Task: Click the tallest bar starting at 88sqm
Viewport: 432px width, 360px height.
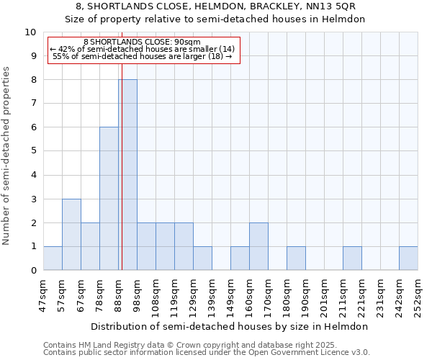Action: (x=127, y=175)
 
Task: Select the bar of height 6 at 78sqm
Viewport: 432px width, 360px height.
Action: (x=109, y=199)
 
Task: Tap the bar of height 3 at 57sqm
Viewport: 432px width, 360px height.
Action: (x=71, y=235)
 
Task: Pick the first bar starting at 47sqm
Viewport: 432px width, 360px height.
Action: (x=53, y=258)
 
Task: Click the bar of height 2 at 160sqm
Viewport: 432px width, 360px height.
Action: (x=258, y=246)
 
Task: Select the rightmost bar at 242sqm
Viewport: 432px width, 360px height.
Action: (x=408, y=258)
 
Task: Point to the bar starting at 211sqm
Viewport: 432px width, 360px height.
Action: (x=352, y=258)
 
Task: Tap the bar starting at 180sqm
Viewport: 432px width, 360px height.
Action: (x=296, y=258)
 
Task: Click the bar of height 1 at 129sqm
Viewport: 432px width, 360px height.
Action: (x=202, y=258)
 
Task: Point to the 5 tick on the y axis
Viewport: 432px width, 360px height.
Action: (x=33, y=151)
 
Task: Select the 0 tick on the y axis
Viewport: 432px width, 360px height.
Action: (x=33, y=271)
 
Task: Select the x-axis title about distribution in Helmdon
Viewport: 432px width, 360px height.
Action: (x=230, y=326)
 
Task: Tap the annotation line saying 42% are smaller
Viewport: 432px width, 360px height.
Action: (x=142, y=49)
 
